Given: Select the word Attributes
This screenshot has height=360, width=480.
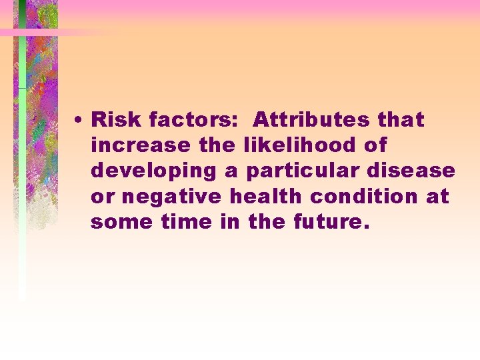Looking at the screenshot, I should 311,120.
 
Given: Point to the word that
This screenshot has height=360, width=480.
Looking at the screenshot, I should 400,120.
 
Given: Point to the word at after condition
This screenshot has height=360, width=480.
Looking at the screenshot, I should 439,197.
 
